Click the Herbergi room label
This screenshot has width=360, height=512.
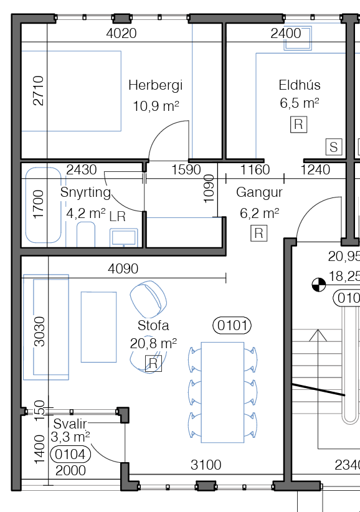tap(155, 85)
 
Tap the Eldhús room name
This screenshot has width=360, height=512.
tap(300, 85)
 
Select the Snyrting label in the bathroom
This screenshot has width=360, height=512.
tap(85, 192)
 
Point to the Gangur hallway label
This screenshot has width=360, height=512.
tap(259, 192)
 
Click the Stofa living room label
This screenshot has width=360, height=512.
tap(153, 326)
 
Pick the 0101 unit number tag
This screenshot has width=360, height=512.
tap(232, 325)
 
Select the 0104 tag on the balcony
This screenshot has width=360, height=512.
tap(70, 454)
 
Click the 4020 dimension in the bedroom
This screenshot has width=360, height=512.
tap(121, 33)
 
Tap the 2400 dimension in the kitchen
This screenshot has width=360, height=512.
tap(286, 33)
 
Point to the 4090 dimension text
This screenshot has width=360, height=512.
tap(123, 268)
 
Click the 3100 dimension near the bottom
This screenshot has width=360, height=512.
tap(206, 465)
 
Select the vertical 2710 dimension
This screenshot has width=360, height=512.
tap(39, 90)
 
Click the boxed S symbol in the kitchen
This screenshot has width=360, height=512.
tap(334, 146)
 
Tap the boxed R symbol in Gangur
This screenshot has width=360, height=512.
tap(259, 233)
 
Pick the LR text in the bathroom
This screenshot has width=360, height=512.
tap(118, 217)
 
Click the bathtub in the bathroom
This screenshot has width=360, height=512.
tap(44, 205)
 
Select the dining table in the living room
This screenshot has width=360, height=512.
tap(222, 392)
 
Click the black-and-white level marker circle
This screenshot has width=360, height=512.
tap(318, 285)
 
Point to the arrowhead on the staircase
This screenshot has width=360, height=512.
tap(318, 335)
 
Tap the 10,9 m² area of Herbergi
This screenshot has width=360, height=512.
tap(156, 107)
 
